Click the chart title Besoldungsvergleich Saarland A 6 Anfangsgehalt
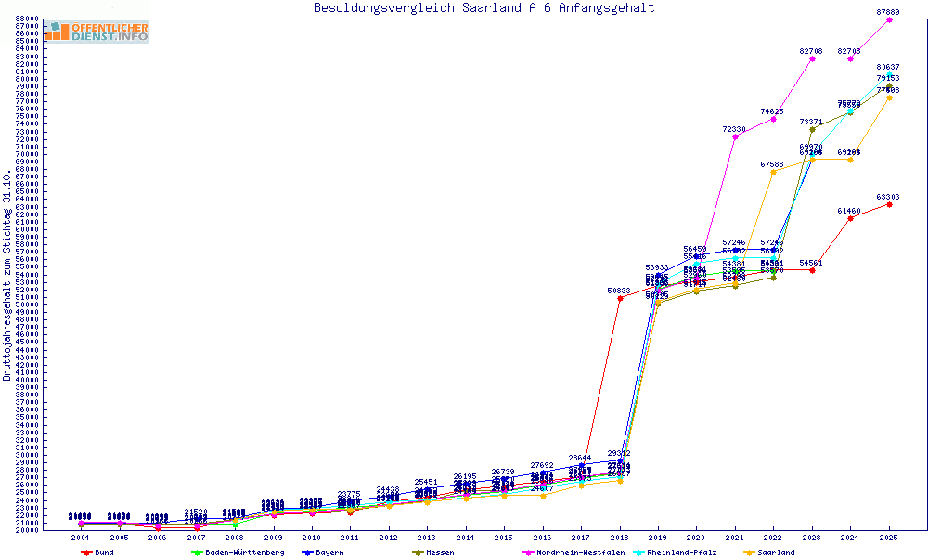[483, 8]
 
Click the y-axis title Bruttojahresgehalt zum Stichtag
[8, 275]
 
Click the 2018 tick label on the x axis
[620, 538]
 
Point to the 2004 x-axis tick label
[82, 538]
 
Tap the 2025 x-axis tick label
[889, 538]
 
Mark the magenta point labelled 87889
[889, 19]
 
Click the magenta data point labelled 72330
[735, 136]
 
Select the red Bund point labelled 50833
[620, 298]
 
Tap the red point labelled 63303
[889, 204]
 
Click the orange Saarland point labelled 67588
[773, 172]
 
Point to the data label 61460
[849, 211]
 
